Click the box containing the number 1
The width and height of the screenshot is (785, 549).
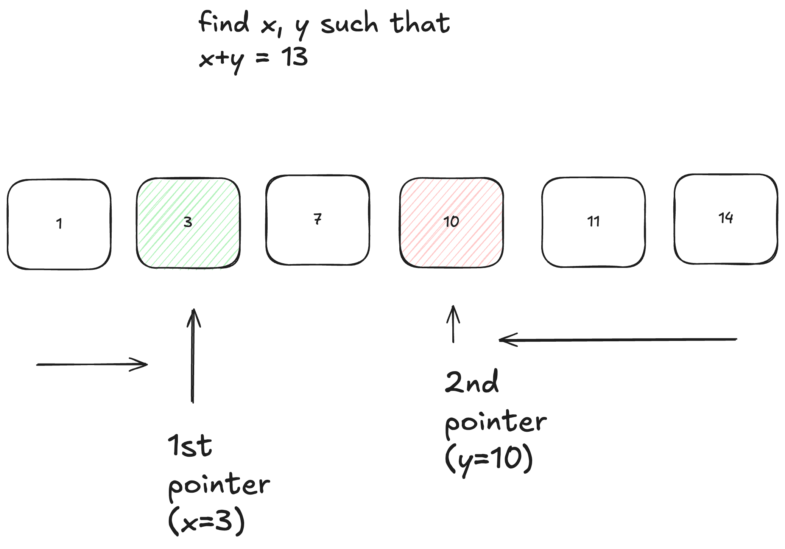tap(59, 224)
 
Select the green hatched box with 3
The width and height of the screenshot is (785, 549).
tap(188, 222)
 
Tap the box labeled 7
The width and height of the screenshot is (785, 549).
tap(318, 220)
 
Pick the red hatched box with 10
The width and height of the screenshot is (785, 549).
tap(451, 222)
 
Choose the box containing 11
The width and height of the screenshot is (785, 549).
tap(593, 222)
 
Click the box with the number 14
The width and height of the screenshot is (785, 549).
tap(726, 219)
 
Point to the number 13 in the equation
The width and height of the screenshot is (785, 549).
tap(294, 58)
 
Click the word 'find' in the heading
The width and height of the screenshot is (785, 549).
tap(223, 23)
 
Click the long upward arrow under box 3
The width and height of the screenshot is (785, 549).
tap(193, 356)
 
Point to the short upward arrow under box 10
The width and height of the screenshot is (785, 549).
tap(453, 324)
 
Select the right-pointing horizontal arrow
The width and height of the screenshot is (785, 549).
tap(92, 364)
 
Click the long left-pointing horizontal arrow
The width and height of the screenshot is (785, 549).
tap(618, 340)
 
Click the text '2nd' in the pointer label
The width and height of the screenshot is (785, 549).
tap(472, 382)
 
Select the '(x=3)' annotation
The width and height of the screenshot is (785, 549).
tap(207, 521)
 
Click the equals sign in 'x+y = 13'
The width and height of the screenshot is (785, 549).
tap(262, 58)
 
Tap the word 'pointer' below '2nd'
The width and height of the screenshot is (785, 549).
tap(495, 422)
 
